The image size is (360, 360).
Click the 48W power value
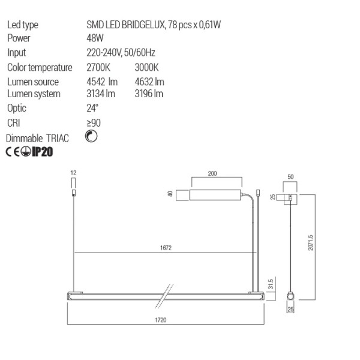point(95,38)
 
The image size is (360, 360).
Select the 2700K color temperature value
point(99,67)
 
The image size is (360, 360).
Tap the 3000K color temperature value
point(138,67)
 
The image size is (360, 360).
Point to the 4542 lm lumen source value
point(102,82)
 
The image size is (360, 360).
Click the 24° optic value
point(92,109)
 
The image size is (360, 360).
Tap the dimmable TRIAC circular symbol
point(92,137)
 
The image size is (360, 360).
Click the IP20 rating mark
point(42,152)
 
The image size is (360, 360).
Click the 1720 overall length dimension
point(161,320)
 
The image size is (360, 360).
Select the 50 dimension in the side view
point(291,178)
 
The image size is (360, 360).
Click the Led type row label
point(23,25)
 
